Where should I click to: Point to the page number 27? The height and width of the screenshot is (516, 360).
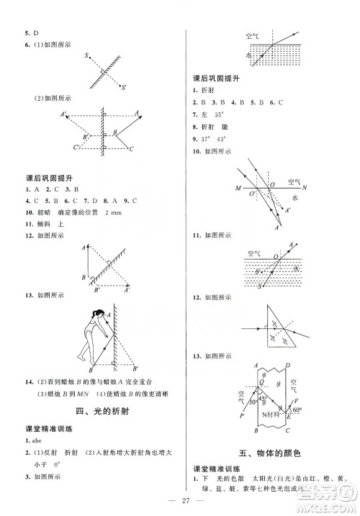pos(180,500)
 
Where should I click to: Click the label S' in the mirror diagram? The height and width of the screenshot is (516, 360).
pos(123,88)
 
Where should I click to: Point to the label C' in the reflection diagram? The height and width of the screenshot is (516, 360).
pos(76,147)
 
